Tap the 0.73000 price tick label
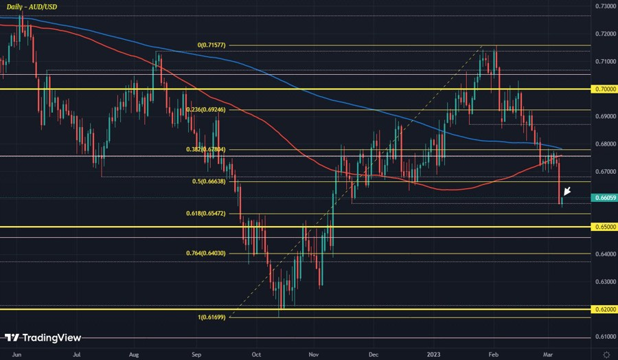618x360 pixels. click(x=604, y=6)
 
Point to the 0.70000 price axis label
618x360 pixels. click(x=604, y=89)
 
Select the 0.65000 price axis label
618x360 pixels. click(x=604, y=226)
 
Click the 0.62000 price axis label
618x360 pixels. click(x=604, y=309)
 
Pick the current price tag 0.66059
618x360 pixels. click(x=604, y=197)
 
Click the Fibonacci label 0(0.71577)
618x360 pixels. click(x=211, y=45)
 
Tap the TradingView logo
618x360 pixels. click(x=43, y=337)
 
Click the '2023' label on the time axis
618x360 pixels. click(x=435, y=354)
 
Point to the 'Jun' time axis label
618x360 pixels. click(x=17, y=354)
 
